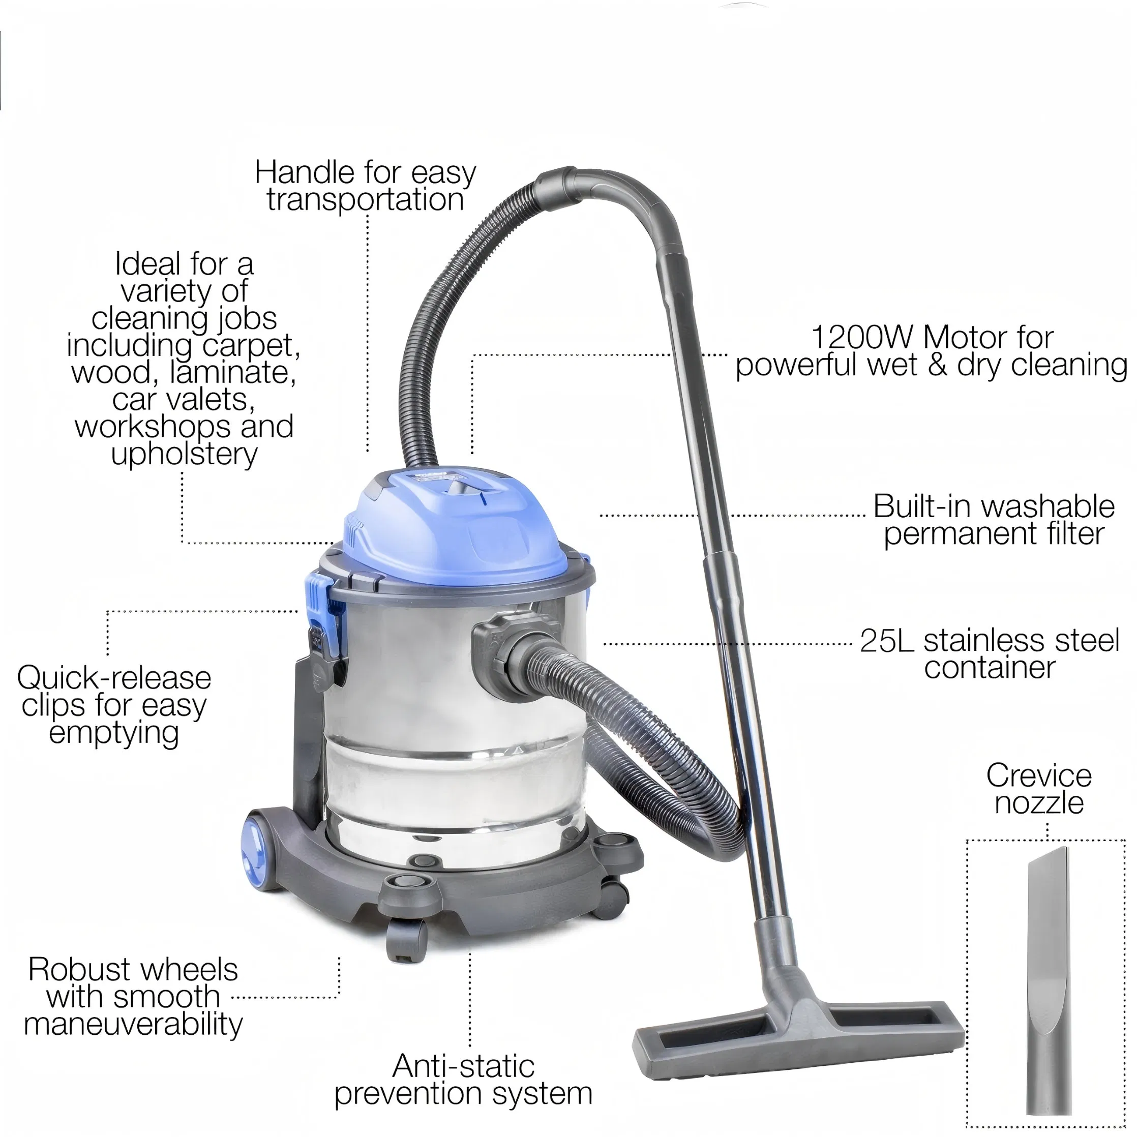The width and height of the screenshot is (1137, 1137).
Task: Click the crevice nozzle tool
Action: [x=1047, y=983]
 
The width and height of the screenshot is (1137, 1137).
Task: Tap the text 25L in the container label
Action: [x=886, y=640]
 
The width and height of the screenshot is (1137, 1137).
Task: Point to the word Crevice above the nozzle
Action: [x=1039, y=775]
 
